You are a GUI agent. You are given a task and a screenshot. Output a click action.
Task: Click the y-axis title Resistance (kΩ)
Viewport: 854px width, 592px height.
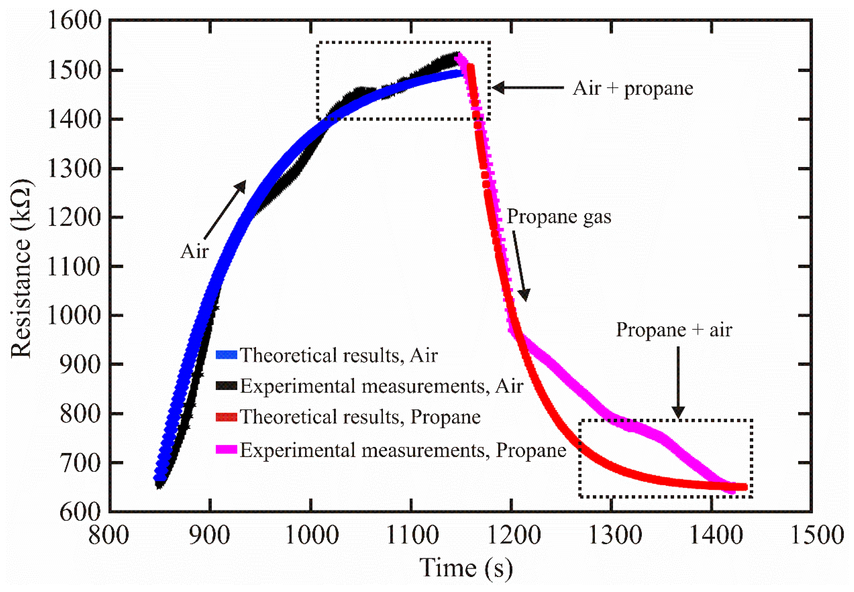tap(21, 269)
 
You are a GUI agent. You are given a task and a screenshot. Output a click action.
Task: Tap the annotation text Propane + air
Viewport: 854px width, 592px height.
tap(674, 329)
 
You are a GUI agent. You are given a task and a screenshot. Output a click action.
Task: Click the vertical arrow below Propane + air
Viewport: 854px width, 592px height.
tap(678, 382)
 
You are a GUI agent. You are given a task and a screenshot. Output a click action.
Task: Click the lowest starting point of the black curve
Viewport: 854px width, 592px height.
tap(159, 484)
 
